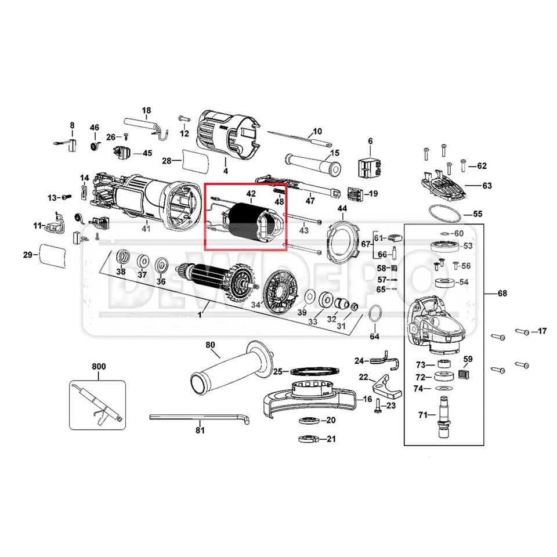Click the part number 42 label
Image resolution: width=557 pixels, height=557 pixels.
(251, 193)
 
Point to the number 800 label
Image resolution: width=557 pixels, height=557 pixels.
(99, 367)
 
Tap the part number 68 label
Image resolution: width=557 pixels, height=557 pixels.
(502, 292)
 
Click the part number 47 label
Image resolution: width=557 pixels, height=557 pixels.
(310, 201)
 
